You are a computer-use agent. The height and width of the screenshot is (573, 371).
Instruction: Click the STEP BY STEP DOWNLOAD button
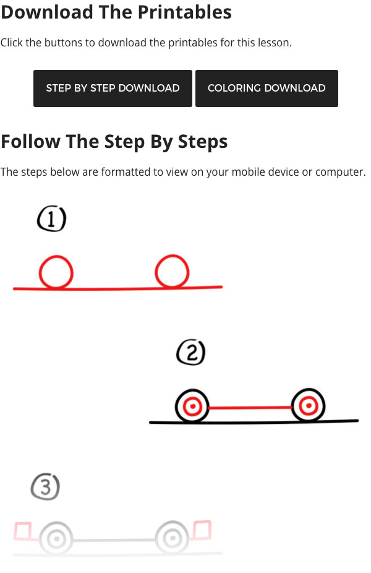click(113, 88)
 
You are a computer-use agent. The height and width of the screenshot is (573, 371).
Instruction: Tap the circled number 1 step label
click(51, 219)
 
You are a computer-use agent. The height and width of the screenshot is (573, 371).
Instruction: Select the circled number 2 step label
click(190, 353)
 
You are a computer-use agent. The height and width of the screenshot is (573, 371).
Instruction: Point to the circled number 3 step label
click(45, 488)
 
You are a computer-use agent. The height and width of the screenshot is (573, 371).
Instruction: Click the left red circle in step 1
click(56, 273)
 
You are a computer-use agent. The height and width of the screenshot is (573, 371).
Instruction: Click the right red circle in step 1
click(172, 272)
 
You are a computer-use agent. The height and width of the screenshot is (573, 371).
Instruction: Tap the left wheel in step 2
click(193, 407)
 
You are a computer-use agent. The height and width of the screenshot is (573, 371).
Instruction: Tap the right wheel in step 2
click(308, 406)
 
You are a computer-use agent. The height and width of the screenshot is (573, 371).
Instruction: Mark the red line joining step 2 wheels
click(250, 407)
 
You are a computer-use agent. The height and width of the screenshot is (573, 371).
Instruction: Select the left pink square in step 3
click(23, 531)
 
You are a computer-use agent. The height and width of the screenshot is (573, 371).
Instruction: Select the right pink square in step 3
click(202, 530)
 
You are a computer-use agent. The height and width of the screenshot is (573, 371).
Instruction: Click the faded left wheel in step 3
click(57, 538)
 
